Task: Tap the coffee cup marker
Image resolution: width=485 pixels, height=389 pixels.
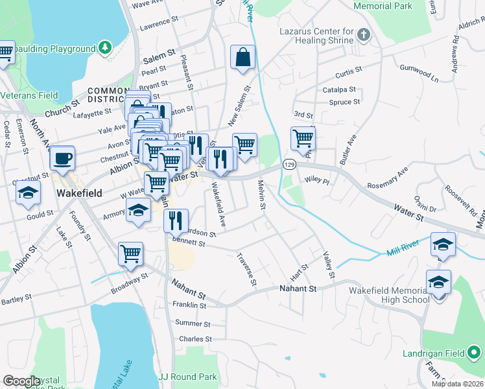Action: (x=62, y=158)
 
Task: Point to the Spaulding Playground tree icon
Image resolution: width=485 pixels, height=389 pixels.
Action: (x=104, y=49)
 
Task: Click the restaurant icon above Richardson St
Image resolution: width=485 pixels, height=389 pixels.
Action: (x=176, y=220)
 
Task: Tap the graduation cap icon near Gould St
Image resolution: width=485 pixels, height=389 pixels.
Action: (x=27, y=193)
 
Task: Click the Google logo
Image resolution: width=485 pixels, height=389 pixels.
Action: (x=21, y=381)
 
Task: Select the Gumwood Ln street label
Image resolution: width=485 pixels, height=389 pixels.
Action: (x=419, y=73)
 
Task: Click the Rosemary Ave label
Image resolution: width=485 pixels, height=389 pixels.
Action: (x=388, y=177)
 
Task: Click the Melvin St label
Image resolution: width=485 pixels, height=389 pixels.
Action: (x=263, y=195)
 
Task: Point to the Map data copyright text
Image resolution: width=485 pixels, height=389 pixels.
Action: (x=457, y=383)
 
